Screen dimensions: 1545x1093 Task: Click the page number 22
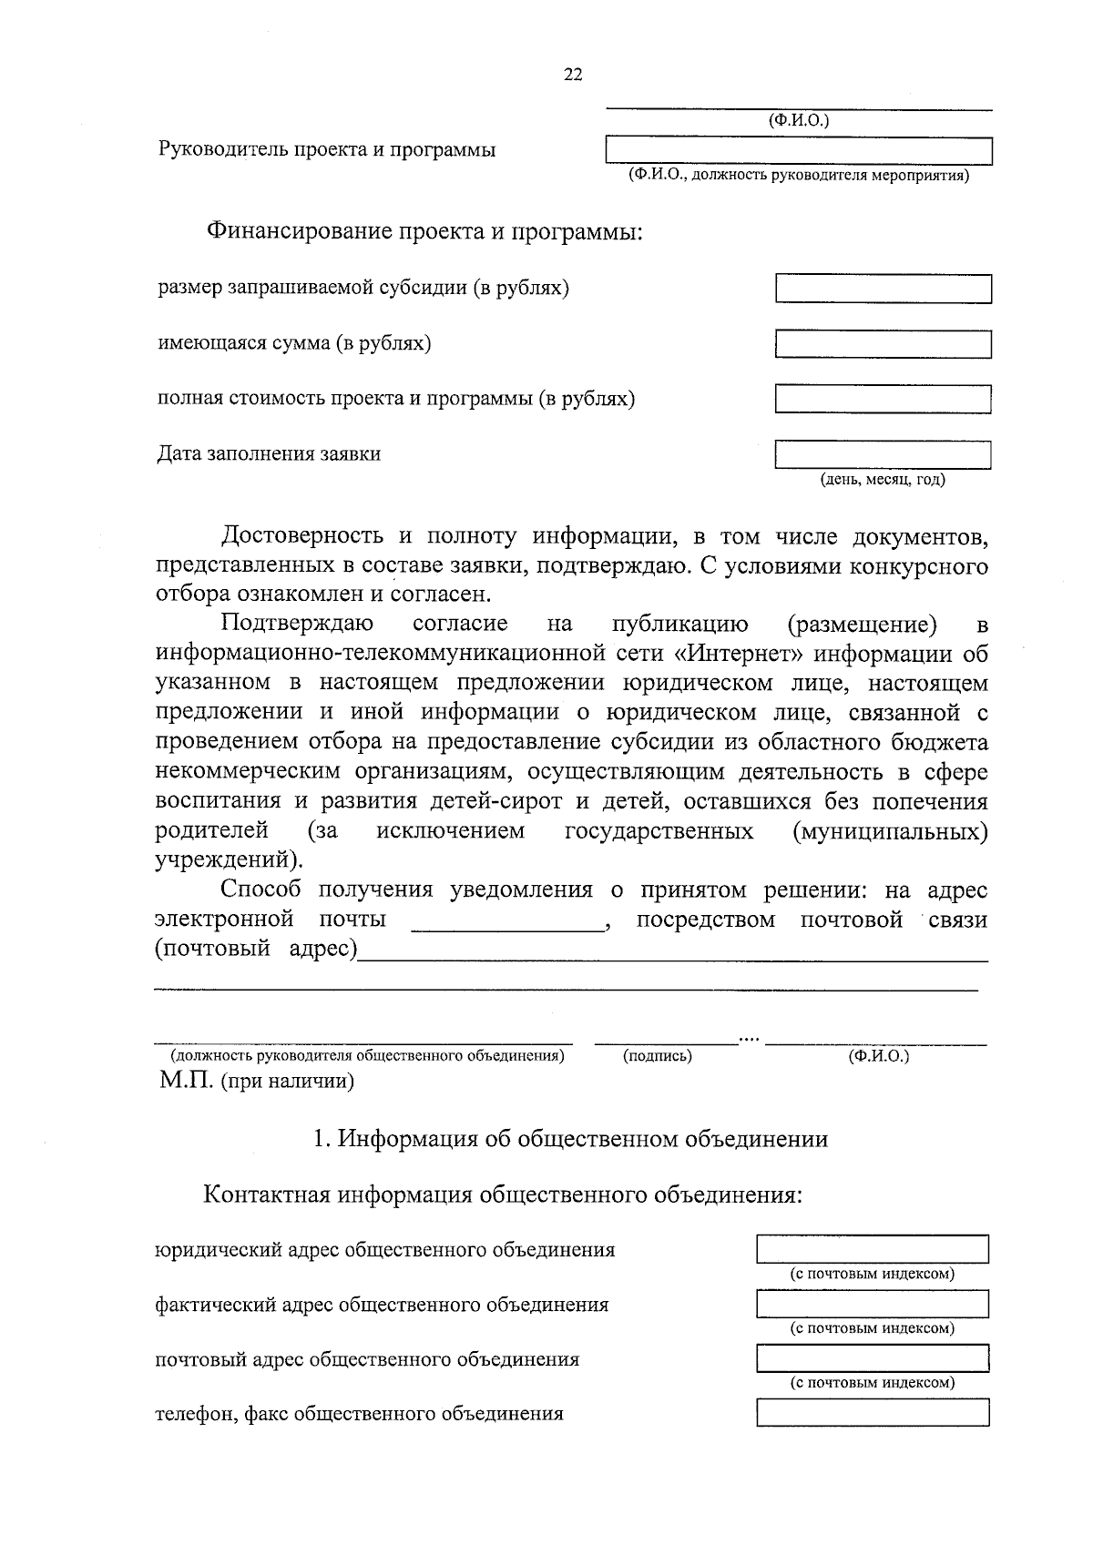[573, 76]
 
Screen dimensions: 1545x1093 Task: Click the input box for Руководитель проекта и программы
[799, 151]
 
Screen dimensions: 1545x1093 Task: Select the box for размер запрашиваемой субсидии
[883, 290]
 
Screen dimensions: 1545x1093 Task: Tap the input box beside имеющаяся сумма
[883, 344]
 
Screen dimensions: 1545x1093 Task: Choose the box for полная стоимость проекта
[883, 399]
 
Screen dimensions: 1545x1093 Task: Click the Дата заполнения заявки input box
[883, 454]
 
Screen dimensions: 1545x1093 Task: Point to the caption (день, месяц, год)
[883, 479]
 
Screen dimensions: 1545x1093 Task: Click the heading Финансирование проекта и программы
[424, 231]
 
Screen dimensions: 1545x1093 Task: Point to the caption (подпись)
[657, 1056]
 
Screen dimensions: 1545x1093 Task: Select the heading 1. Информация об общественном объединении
[570, 1139]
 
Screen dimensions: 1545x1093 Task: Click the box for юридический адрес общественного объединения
[872, 1250]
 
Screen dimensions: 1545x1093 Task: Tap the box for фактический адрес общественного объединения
[872, 1305]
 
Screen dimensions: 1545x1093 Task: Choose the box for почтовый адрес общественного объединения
[872, 1359]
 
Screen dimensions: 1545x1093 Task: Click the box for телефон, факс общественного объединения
[872, 1413]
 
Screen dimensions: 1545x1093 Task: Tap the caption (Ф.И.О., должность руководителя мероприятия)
[798, 176]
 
